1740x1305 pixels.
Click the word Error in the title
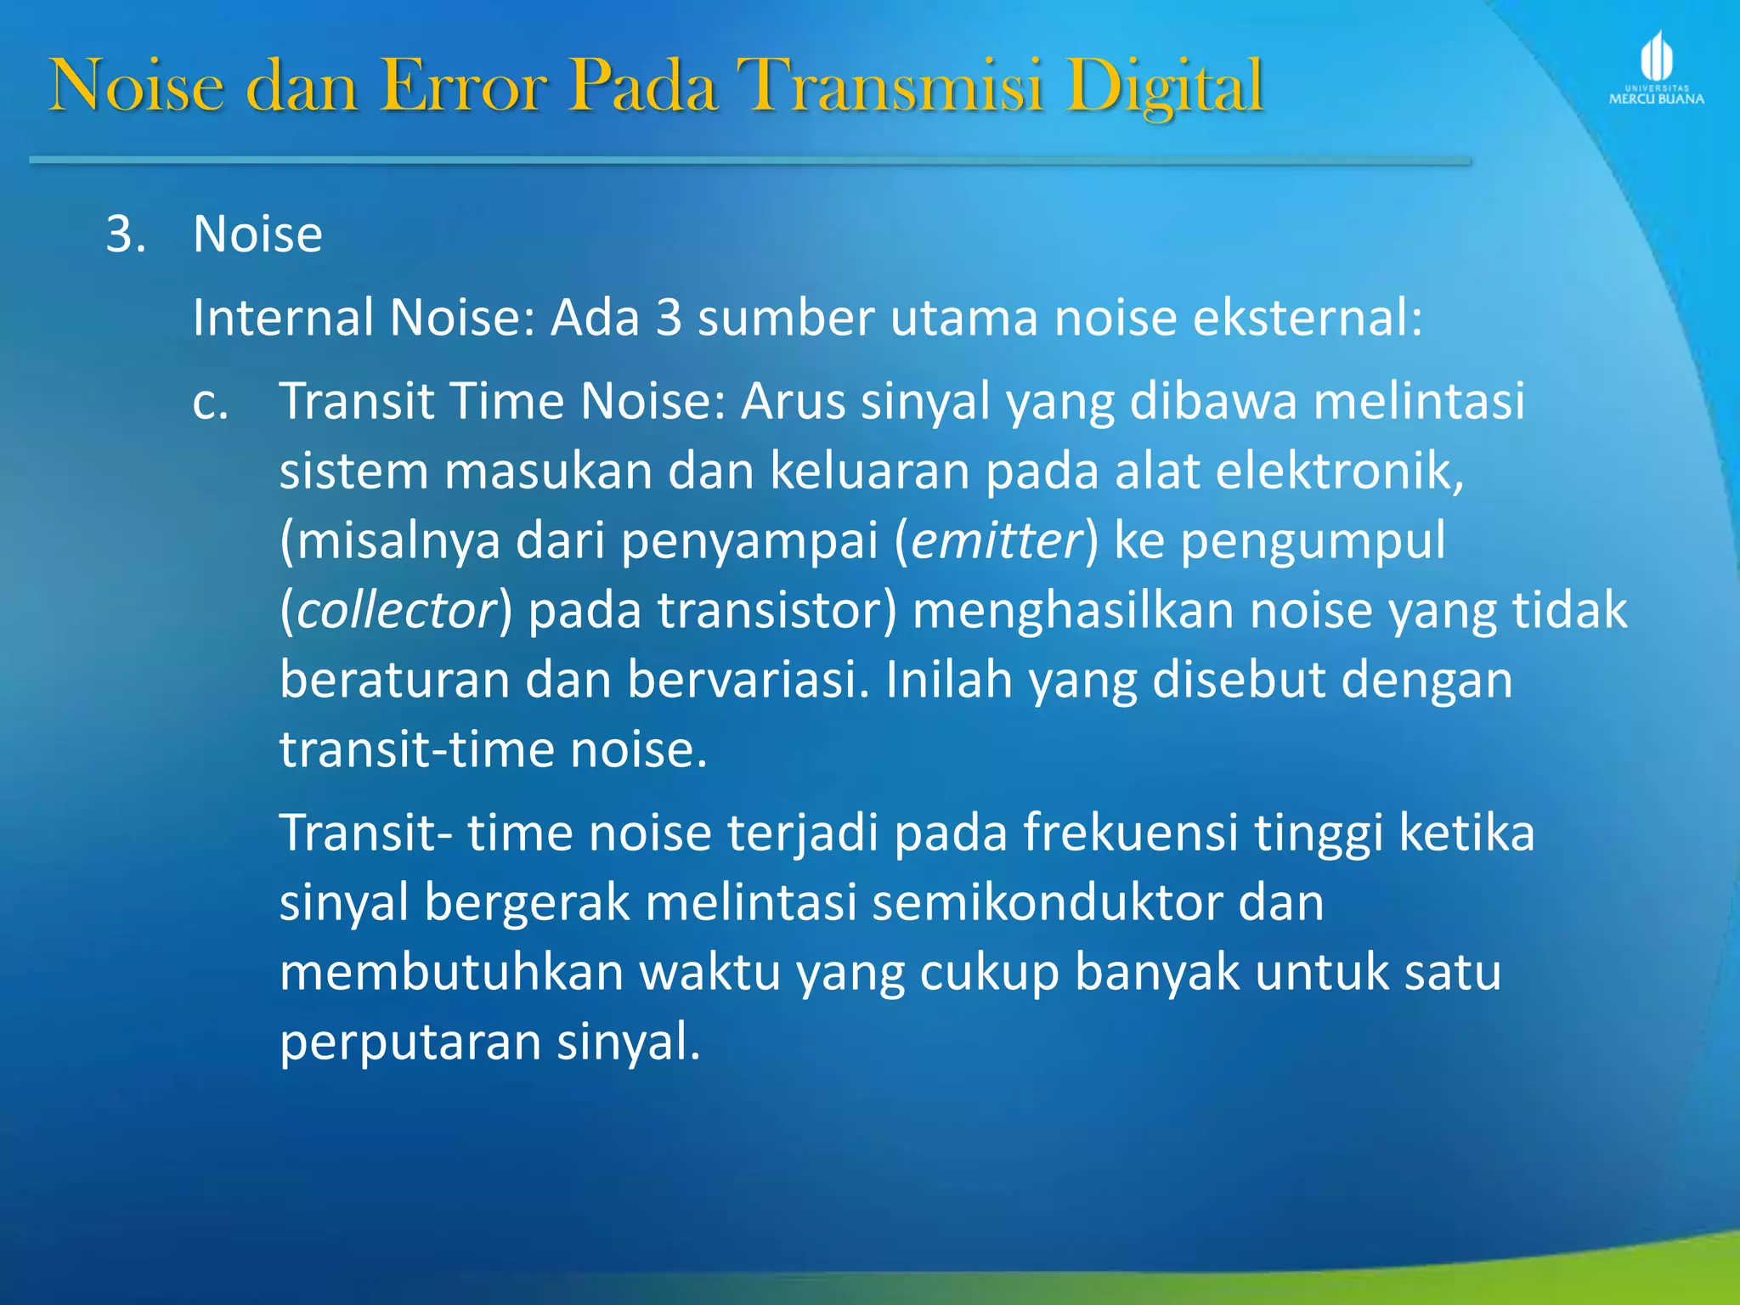[x=463, y=86]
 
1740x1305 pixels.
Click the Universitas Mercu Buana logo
[x=1656, y=69]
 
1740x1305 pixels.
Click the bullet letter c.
[x=210, y=402]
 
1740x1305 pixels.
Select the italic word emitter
[x=997, y=541]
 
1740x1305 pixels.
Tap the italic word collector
[x=396, y=611]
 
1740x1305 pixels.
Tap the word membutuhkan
[x=451, y=973]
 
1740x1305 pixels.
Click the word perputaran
[x=410, y=1042]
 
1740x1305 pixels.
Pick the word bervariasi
[x=749, y=681]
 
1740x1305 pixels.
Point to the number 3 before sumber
[x=669, y=319]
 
